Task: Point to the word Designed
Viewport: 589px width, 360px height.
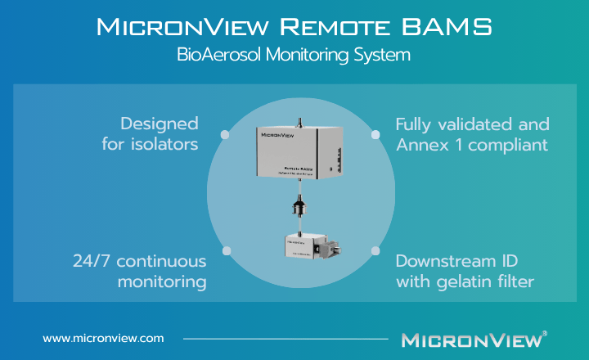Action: click(160, 124)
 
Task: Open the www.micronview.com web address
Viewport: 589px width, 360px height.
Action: click(103, 337)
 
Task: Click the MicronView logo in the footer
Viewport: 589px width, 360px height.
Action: click(471, 338)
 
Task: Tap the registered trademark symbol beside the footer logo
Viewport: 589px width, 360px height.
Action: click(545, 333)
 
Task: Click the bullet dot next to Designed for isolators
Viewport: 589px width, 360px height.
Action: click(225, 134)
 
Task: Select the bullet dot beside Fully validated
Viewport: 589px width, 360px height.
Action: click(375, 134)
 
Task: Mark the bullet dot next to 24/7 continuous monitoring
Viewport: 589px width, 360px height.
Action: click(225, 250)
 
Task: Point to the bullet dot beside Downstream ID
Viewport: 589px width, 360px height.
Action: click(375, 250)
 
